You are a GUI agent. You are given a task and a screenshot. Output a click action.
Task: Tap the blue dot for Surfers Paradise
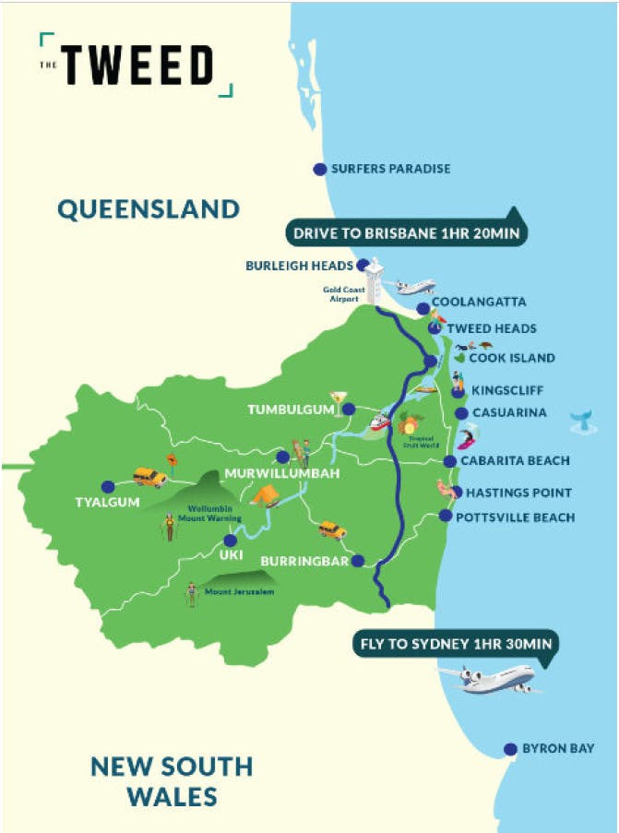click(x=319, y=169)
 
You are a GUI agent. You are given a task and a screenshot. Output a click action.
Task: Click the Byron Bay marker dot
click(x=509, y=748)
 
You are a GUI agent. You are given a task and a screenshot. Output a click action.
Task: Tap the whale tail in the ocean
click(x=581, y=421)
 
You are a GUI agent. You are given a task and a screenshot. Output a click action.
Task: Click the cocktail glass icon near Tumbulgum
click(x=339, y=398)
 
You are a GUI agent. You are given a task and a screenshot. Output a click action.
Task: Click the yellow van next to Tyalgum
click(x=149, y=477)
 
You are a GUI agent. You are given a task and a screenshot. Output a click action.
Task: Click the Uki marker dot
click(x=231, y=541)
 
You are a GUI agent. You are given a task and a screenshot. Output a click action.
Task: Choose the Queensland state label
click(x=148, y=208)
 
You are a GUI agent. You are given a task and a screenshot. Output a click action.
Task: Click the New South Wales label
click(x=172, y=780)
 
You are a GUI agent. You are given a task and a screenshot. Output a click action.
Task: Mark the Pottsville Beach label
click(x=516, y=518)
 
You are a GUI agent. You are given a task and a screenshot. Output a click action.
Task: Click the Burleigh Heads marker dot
click(x=374, y=266)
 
